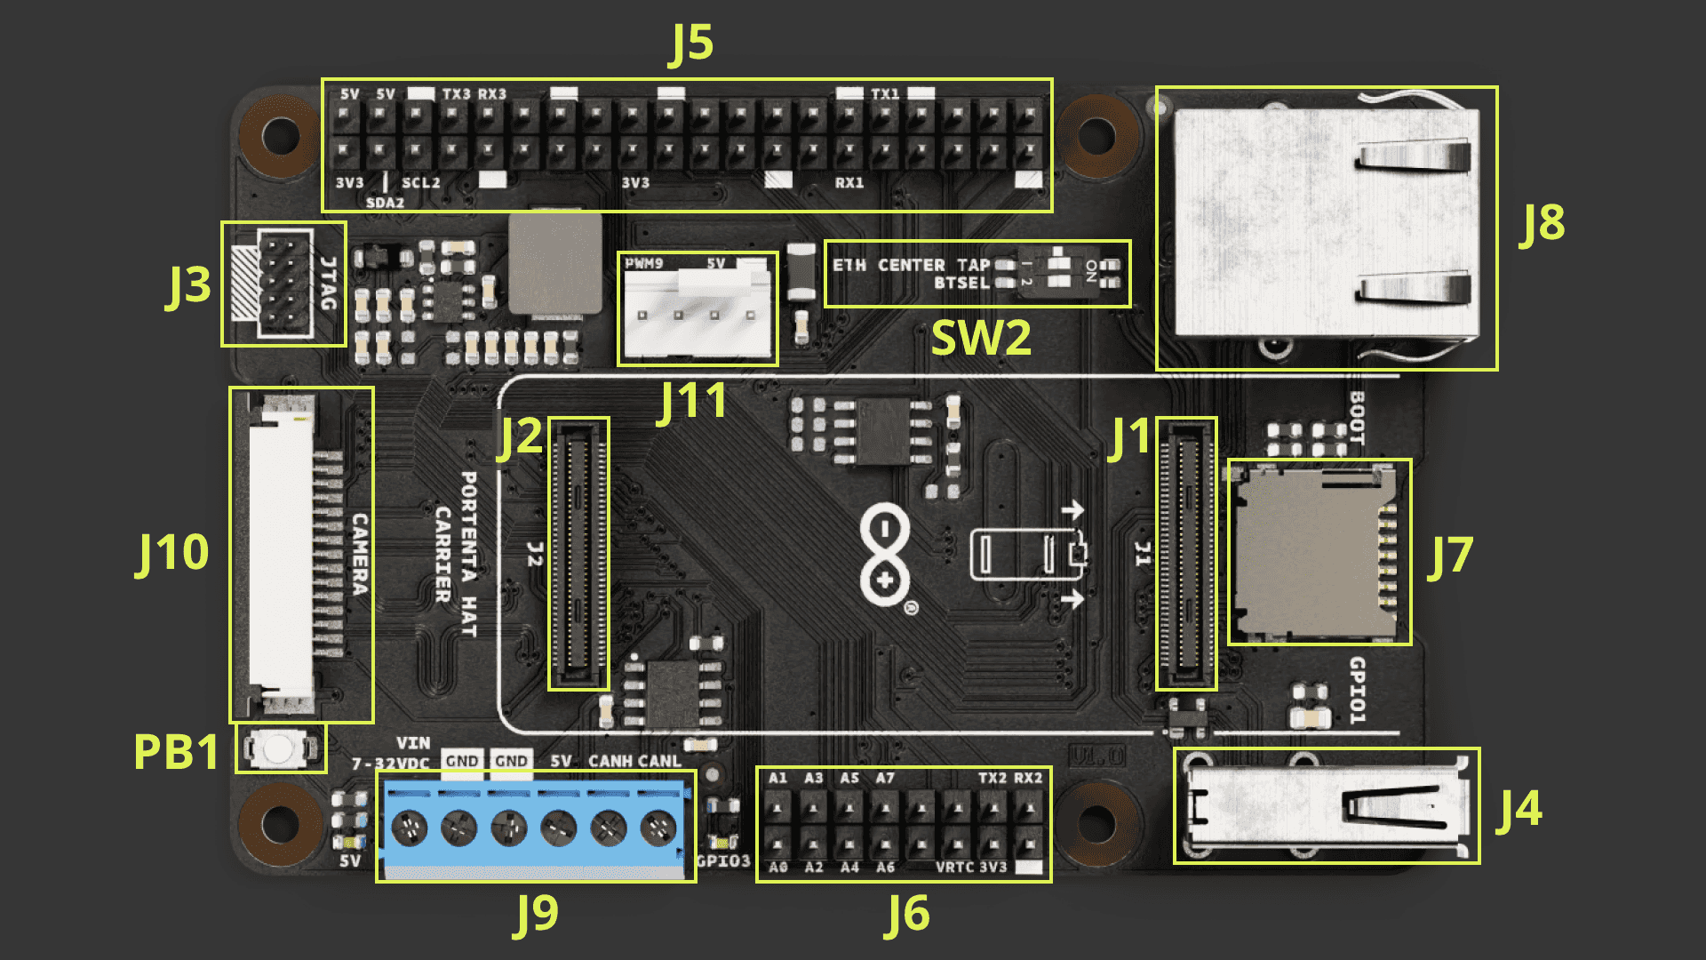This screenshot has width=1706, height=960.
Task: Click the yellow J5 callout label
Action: point(691,43)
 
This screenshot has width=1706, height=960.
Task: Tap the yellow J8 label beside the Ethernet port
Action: point(1542,223)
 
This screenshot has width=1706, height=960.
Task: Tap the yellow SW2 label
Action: point(981,338)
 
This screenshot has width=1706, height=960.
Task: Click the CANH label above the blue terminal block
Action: point(610,762)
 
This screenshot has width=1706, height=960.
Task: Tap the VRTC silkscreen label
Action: point(955,868)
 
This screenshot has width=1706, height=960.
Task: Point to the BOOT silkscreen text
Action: point(1357,418)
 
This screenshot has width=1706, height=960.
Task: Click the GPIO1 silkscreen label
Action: point(1357,691)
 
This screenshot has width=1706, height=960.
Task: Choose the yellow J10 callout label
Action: point(172,553)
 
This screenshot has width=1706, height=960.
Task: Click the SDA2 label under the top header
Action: point(385,203)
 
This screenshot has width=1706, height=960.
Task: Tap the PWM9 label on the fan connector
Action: point(643,264)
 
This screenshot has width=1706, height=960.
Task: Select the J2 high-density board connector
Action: point(578,553)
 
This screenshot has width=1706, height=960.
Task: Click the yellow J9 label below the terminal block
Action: point(537,914)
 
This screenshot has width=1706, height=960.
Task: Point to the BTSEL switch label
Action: point(961,284)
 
